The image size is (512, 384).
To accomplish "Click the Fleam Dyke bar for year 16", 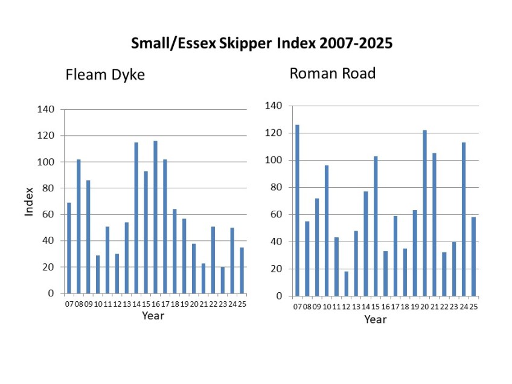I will pos(155,217).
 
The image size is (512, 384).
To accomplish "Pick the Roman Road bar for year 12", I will pos(346,284).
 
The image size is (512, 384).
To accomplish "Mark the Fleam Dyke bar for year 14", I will pos(136,218).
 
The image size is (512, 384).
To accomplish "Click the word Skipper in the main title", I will pos(233,44).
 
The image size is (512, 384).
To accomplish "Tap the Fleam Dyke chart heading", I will pos(106,75).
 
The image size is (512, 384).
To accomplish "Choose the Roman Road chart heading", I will pos(333,74).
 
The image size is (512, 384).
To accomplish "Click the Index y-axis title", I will pos(29,202).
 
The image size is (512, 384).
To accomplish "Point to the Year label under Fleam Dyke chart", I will pos(153,315).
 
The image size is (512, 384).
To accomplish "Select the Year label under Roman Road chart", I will pos(375,319).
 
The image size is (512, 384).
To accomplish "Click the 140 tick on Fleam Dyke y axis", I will pos(46,109).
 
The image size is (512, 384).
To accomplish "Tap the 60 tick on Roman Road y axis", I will pos(275,214).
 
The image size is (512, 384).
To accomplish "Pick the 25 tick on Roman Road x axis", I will pos(473,307).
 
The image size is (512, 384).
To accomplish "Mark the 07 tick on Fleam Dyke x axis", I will pos(69,304).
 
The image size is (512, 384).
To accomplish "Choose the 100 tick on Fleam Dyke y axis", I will pos(46,162).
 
